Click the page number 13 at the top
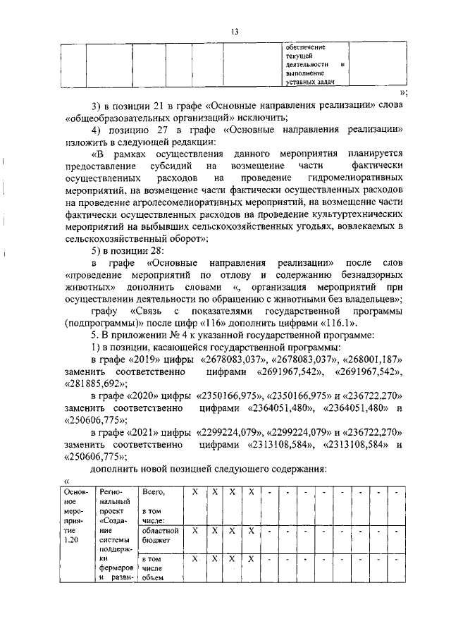235,31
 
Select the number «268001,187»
378,360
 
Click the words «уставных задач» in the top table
305,82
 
